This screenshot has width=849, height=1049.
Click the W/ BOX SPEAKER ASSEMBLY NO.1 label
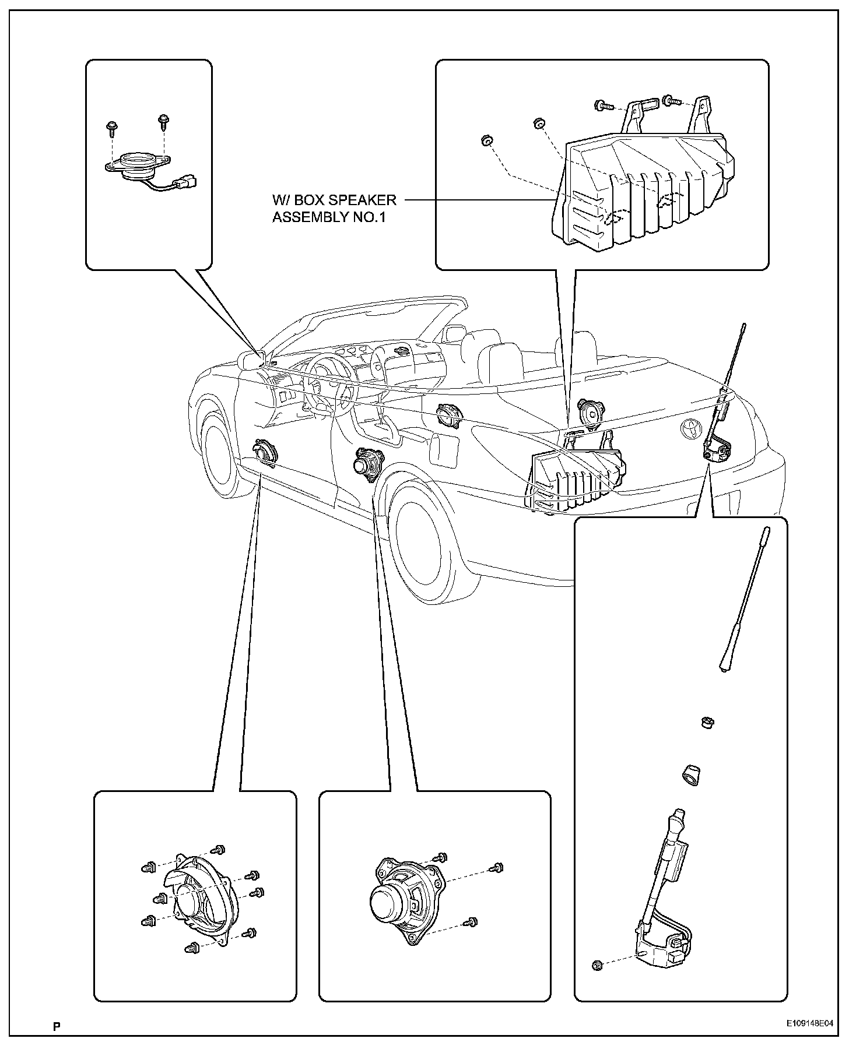tap(334, 209)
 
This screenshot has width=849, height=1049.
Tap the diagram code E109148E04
tap(809, 1023)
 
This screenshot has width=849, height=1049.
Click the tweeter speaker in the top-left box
tap(139, 163)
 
